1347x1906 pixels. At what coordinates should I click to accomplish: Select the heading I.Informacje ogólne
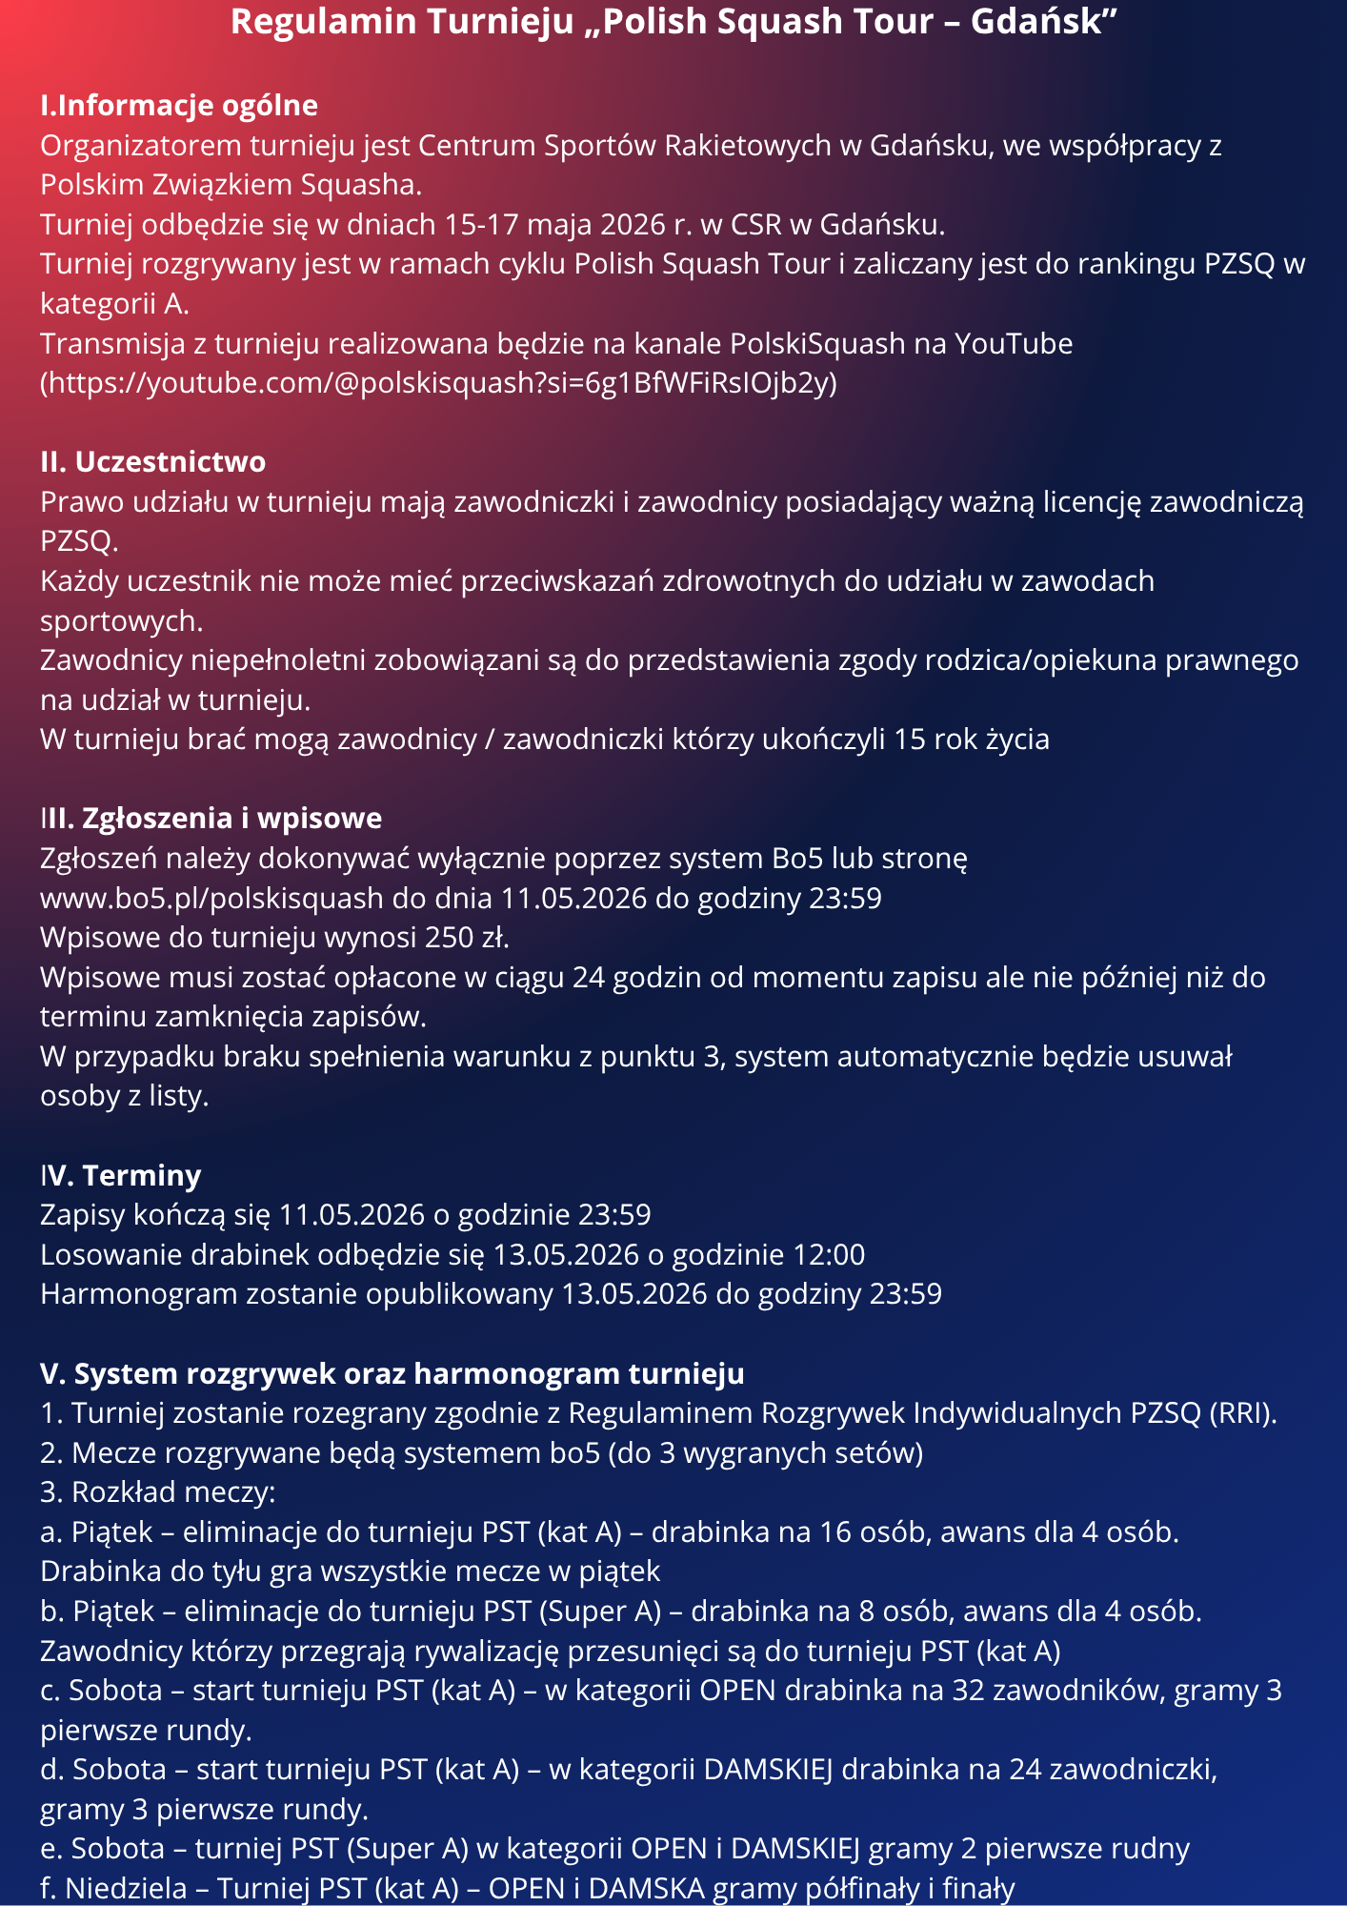pos(179,105)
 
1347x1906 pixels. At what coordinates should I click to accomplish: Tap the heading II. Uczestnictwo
pos(152,461)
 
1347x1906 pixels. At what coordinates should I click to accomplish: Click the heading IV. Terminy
pos(120,1175)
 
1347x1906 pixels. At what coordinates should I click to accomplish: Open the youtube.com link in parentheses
pos(438,383)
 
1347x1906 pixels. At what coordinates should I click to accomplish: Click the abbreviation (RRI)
pos(1242,1412)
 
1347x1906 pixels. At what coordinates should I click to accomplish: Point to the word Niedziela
pos(126,1888)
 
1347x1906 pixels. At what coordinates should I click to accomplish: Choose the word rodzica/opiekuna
pos(1038,660)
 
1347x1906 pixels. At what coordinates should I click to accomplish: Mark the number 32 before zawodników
pos(964,1690)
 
